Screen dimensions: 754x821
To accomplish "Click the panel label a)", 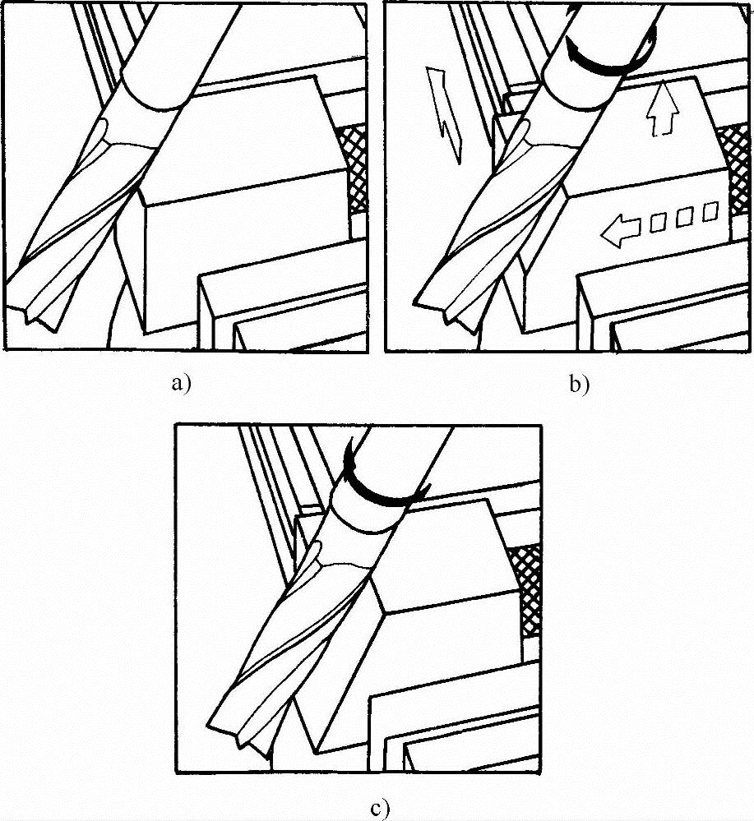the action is coord(182,384).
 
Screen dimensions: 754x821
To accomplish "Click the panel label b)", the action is coord(580,385).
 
